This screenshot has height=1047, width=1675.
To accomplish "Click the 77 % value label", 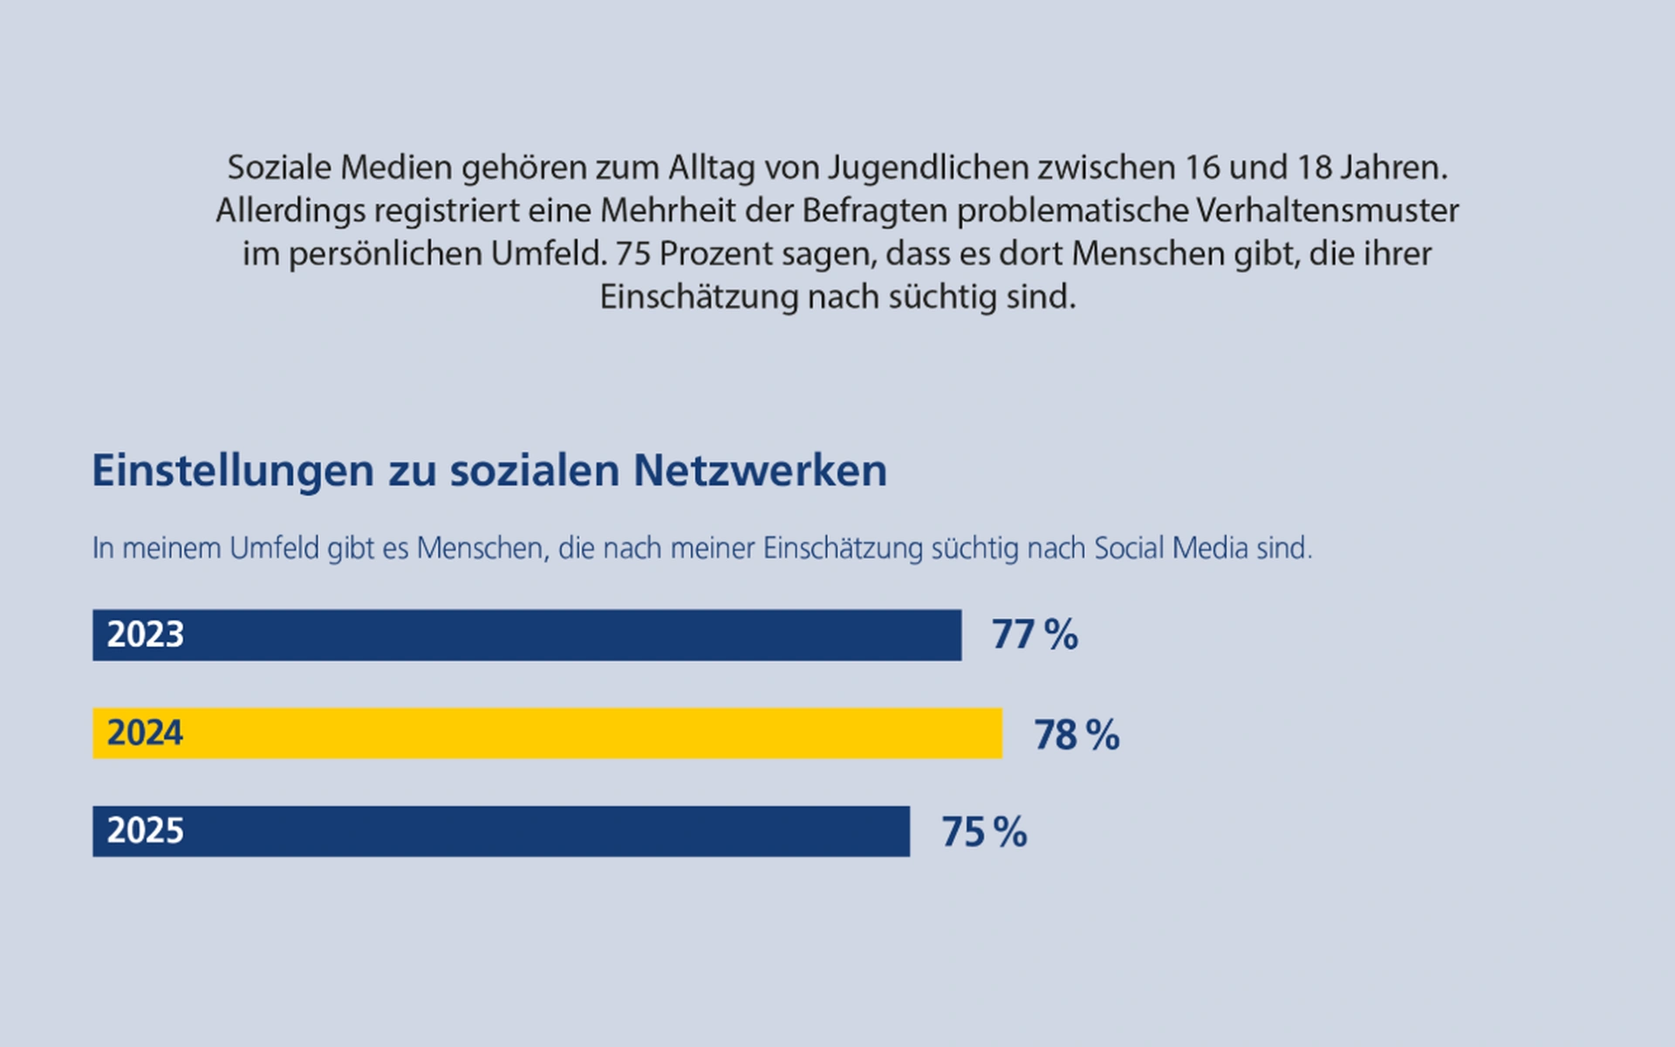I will pyautogui.click(x=1035, y=634).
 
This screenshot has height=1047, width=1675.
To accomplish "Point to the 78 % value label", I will pyautogui.click(x=1077, y=735).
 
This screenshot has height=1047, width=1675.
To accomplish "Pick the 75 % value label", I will pyautogui.click(x=984, y=831).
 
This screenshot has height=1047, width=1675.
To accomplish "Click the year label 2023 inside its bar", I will pyautogui.click(x=145, y=634).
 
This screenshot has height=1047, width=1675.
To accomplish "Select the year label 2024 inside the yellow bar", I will pyautogui.click(x=145, y=733).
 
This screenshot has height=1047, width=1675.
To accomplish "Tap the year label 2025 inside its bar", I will pyautogui.click(x=145, y=831).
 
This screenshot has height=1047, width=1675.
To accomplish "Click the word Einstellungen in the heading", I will pyautogui.click(x=233, y=471).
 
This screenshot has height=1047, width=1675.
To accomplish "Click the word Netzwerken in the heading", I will pyautogui.click(x=760, y=471).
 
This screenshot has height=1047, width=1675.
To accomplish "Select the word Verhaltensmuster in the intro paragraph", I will pyautogui.click(x=1327, y=210).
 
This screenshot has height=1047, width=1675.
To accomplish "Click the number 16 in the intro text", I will pyautogui.click(x=1203, y=168).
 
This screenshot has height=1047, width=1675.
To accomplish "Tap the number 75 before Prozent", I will pyautogui.click(x=633, y=254).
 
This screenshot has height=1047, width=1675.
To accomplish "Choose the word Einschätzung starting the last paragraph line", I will pyautogui.click(x=699, y=298).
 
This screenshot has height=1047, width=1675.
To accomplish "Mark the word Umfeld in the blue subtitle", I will pyautogui.click(x=274, y=548).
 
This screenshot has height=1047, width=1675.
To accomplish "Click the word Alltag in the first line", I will pyautogui.click(x=711, y=168).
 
